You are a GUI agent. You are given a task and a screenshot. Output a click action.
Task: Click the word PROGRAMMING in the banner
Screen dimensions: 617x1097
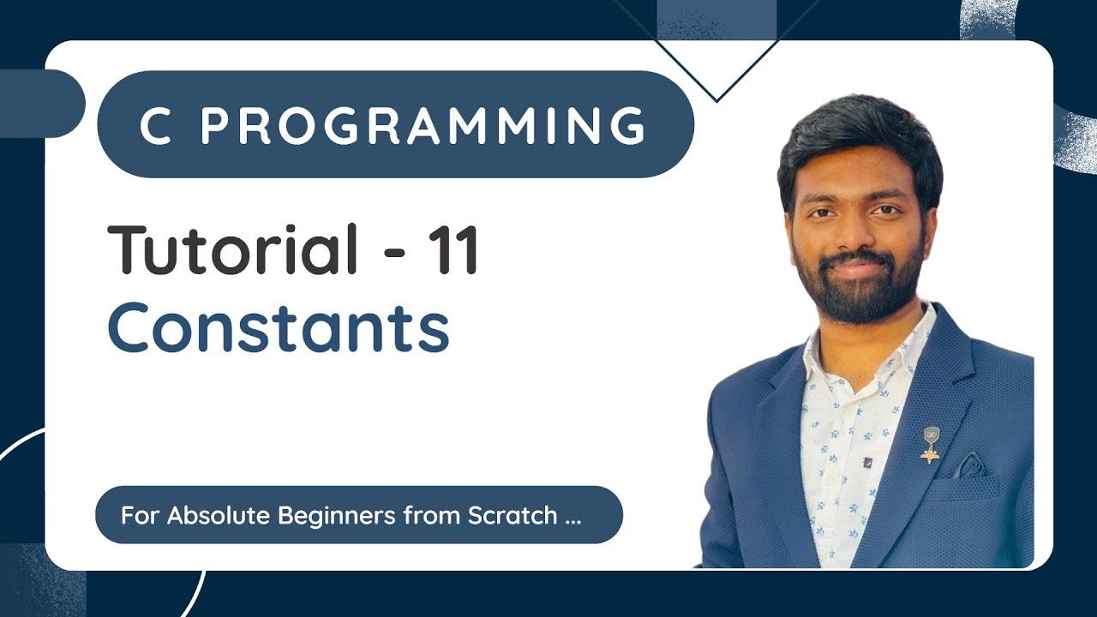[423, 125]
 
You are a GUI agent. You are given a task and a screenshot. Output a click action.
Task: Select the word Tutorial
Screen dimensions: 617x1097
[232, 249]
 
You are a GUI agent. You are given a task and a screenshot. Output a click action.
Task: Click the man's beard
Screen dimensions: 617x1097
[857, 296]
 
